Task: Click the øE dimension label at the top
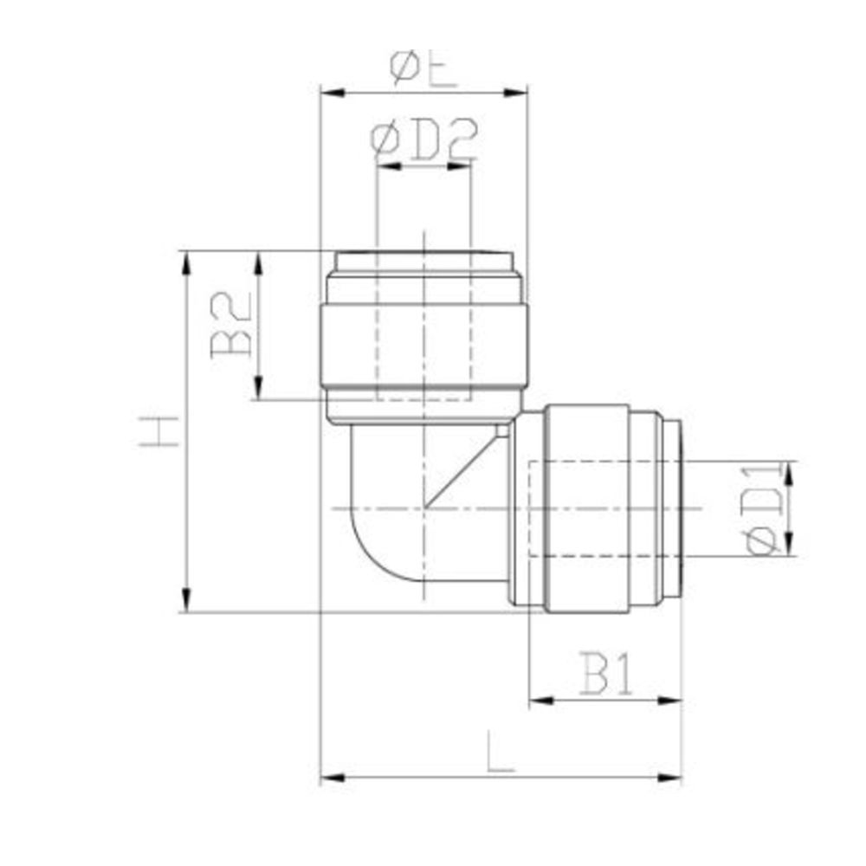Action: pos(423,68)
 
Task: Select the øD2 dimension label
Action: pos(423,141)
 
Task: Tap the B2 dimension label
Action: pos(232,324)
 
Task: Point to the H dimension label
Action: pos(159,430)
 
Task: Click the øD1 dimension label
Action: pos(766,508)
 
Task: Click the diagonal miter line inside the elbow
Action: pos(463,468)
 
